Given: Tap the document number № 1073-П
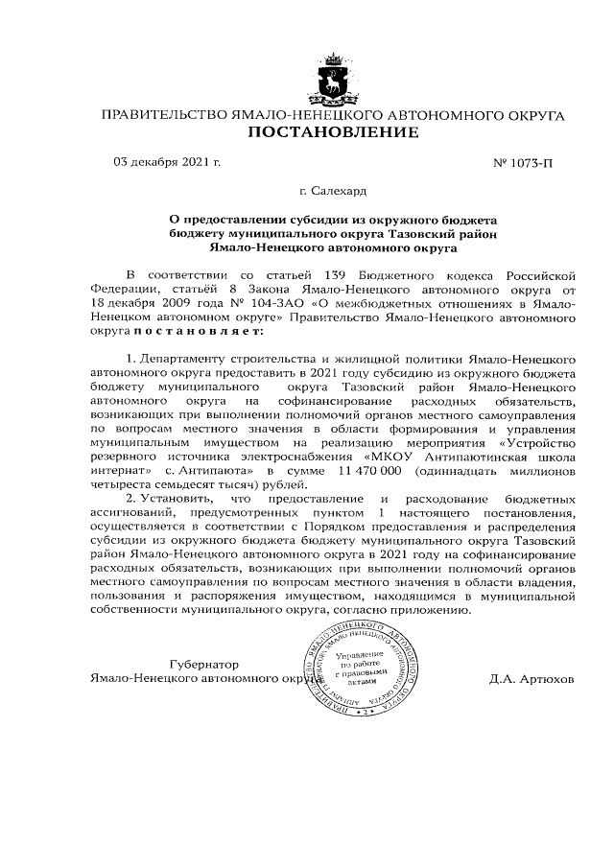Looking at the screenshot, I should coord(523,162).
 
